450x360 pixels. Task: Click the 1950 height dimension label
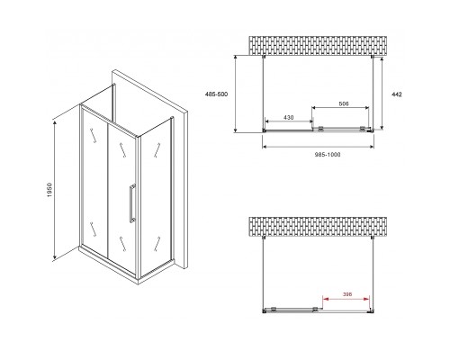[x=49, y=190]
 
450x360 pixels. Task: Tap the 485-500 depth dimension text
[x=216, y=94]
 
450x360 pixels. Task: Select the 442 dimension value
[x=397, y=94]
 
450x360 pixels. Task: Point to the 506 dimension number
[x=344, y=103]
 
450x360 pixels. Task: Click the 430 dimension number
[x=289, y=118]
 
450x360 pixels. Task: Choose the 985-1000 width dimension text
[x=328, y=155]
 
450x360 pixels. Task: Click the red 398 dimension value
[x=346, y=294]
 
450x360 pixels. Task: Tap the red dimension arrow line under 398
[x=346, y=299]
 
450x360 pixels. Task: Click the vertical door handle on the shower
[x=132, y=203]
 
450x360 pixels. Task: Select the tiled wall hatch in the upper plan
[x=318, y=46]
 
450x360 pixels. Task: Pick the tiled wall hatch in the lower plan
[x=318, y=227]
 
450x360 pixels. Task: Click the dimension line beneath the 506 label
[x=340, y=108]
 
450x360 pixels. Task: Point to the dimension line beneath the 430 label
[x=289, y=121]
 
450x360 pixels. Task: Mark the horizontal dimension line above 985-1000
[x=318, y=147]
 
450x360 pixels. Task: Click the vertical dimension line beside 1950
[x=55, y=190]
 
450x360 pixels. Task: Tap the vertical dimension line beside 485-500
[x=236, y=94]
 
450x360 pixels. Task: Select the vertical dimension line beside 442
[x=382, y=93]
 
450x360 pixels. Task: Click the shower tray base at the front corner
[x=138, y=282]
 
